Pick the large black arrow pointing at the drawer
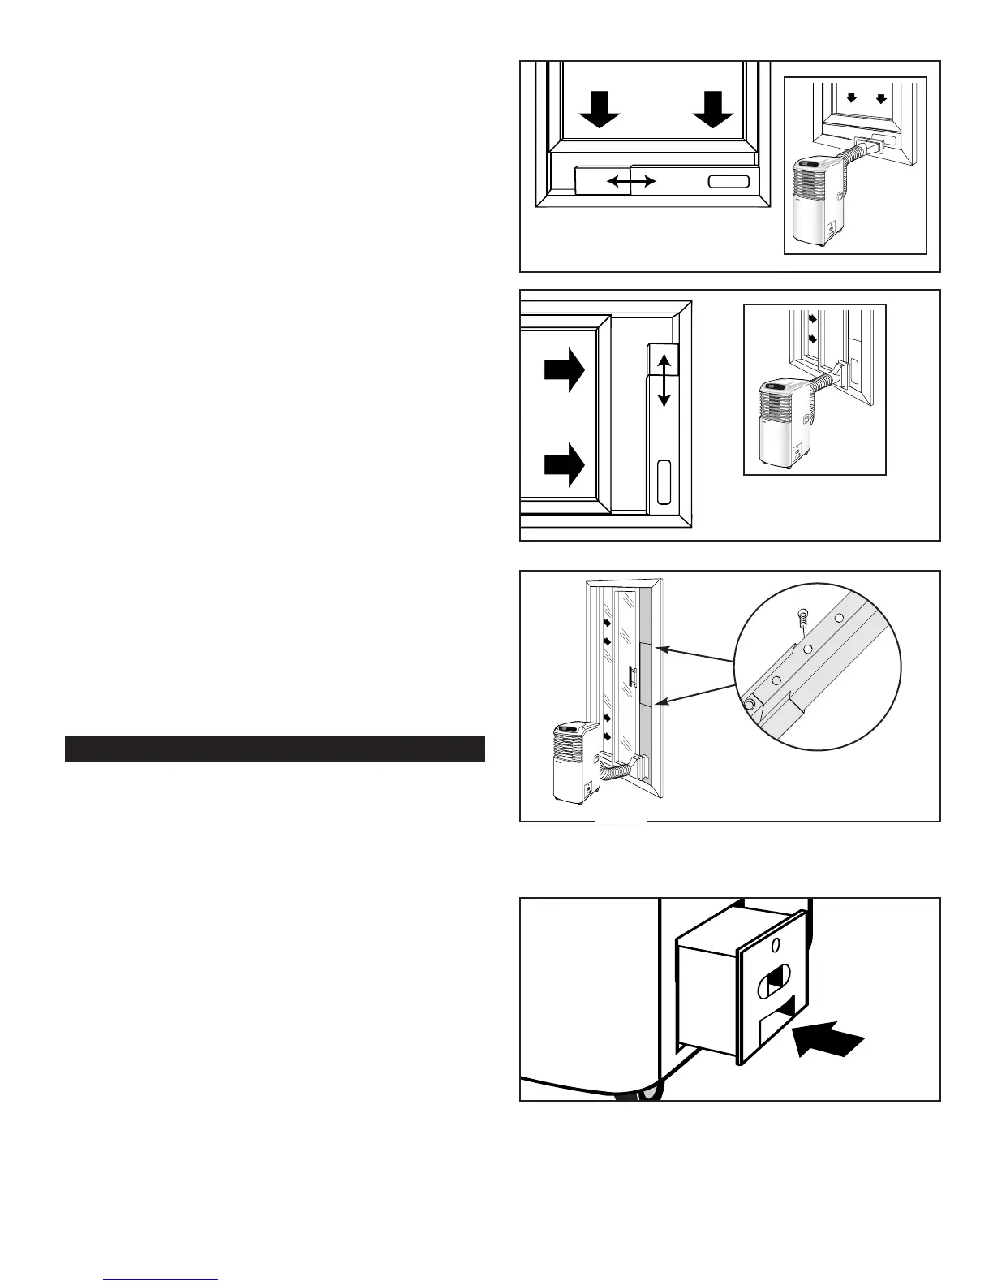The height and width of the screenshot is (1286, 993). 830,1040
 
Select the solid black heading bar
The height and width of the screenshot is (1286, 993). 275,749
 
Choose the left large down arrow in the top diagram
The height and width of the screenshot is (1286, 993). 600,110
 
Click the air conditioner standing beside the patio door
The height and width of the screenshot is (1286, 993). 577,762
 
